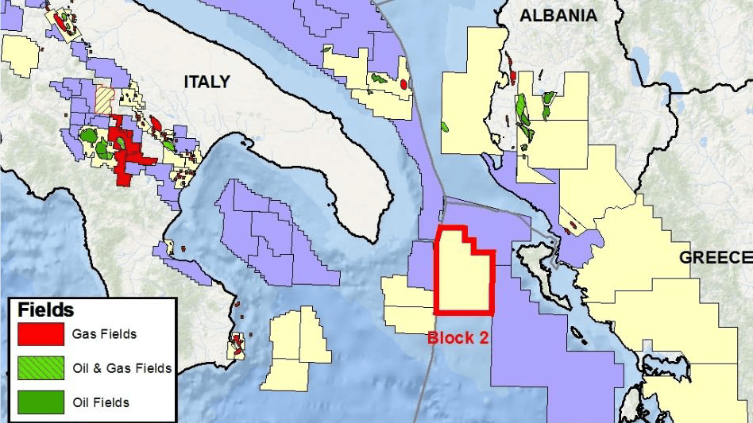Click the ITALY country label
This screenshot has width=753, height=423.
click(207, 82)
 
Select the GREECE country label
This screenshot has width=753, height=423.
click(714, 257)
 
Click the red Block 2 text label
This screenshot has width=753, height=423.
click(458, 337)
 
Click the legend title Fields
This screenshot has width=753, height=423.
click(46, 310)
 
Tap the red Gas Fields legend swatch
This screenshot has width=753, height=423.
click(41, 334)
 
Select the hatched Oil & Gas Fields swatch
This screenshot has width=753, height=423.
click(41, 368)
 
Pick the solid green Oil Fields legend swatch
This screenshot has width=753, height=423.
click(41, 402)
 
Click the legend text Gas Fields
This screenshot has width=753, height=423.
click(104, 334)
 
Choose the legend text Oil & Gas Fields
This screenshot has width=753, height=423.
click(122, 368)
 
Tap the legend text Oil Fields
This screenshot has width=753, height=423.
click(100, 402)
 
